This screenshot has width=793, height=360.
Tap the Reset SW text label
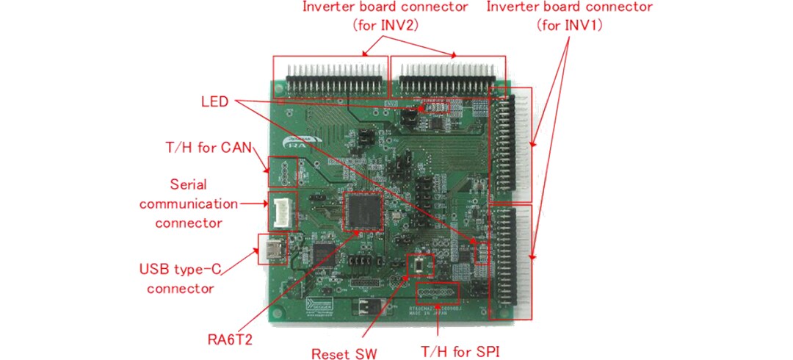pyautogui.click(x=344, y=354)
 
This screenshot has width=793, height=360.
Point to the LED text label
pyautogui.click(x=214, y=100)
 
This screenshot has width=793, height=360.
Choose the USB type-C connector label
pyautogui.click(x=180, y=278)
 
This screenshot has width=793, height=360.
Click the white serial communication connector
pyautogui.click(x=282, y=208)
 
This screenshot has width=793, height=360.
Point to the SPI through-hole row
pyautogui.click(x=438, y=293)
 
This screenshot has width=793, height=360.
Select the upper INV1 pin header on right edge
pyautogui.click(x=509, y=145)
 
